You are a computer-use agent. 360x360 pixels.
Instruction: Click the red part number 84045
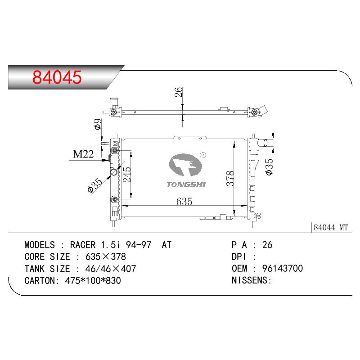point(57,77)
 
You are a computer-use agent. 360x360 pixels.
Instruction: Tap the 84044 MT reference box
point(332,227)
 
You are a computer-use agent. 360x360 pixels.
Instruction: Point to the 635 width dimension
point(184,201)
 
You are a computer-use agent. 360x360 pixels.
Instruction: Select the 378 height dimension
point(230,178)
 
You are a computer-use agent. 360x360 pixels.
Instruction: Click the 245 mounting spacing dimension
point(127,175)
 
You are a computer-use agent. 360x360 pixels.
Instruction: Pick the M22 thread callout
point(83,154)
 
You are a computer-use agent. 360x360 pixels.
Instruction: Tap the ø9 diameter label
point(98,124)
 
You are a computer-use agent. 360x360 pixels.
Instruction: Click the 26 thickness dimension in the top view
point(178,92)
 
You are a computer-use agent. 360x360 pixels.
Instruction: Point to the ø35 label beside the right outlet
point(269,167)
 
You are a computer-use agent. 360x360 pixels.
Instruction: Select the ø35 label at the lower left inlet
point(95,185)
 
